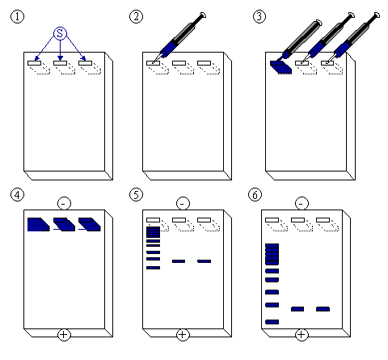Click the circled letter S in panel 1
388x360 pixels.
point(60,33)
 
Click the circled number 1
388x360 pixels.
point(17,16)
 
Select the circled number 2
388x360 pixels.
point(136,16)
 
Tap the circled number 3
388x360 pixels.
point(259,16)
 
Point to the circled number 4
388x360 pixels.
point(17,194)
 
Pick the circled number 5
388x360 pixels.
point(136,194)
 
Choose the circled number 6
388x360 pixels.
point(255,194)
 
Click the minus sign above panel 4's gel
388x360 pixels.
point(64,203)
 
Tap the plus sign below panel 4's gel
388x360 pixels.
point(64,335)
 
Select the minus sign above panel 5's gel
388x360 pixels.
point(183,203)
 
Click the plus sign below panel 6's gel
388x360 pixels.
point(302,335)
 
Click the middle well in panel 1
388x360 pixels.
point(60,63)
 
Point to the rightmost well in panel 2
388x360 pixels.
point(204,63)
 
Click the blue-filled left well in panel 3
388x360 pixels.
point(280,67)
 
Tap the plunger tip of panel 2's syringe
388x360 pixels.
point(203,15)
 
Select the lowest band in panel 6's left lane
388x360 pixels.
point(272,322)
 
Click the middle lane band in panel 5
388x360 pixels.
point(179,261)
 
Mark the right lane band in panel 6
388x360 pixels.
point(323,309)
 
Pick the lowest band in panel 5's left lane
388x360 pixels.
point(153,268)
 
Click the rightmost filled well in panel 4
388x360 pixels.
point(90,224)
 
